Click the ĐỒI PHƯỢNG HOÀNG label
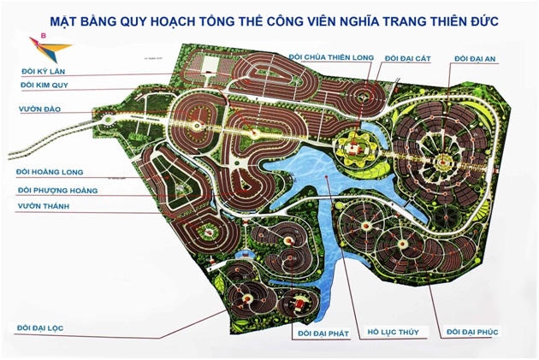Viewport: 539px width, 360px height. click(x=57, y=190)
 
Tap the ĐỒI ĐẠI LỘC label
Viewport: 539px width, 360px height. click(x=52, y=327)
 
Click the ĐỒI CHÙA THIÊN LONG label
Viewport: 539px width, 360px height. click(x=332, y=57)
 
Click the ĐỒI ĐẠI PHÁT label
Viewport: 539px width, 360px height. click(x=323, y=332)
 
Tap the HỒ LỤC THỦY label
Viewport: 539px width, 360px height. click(x=393, y=332)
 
